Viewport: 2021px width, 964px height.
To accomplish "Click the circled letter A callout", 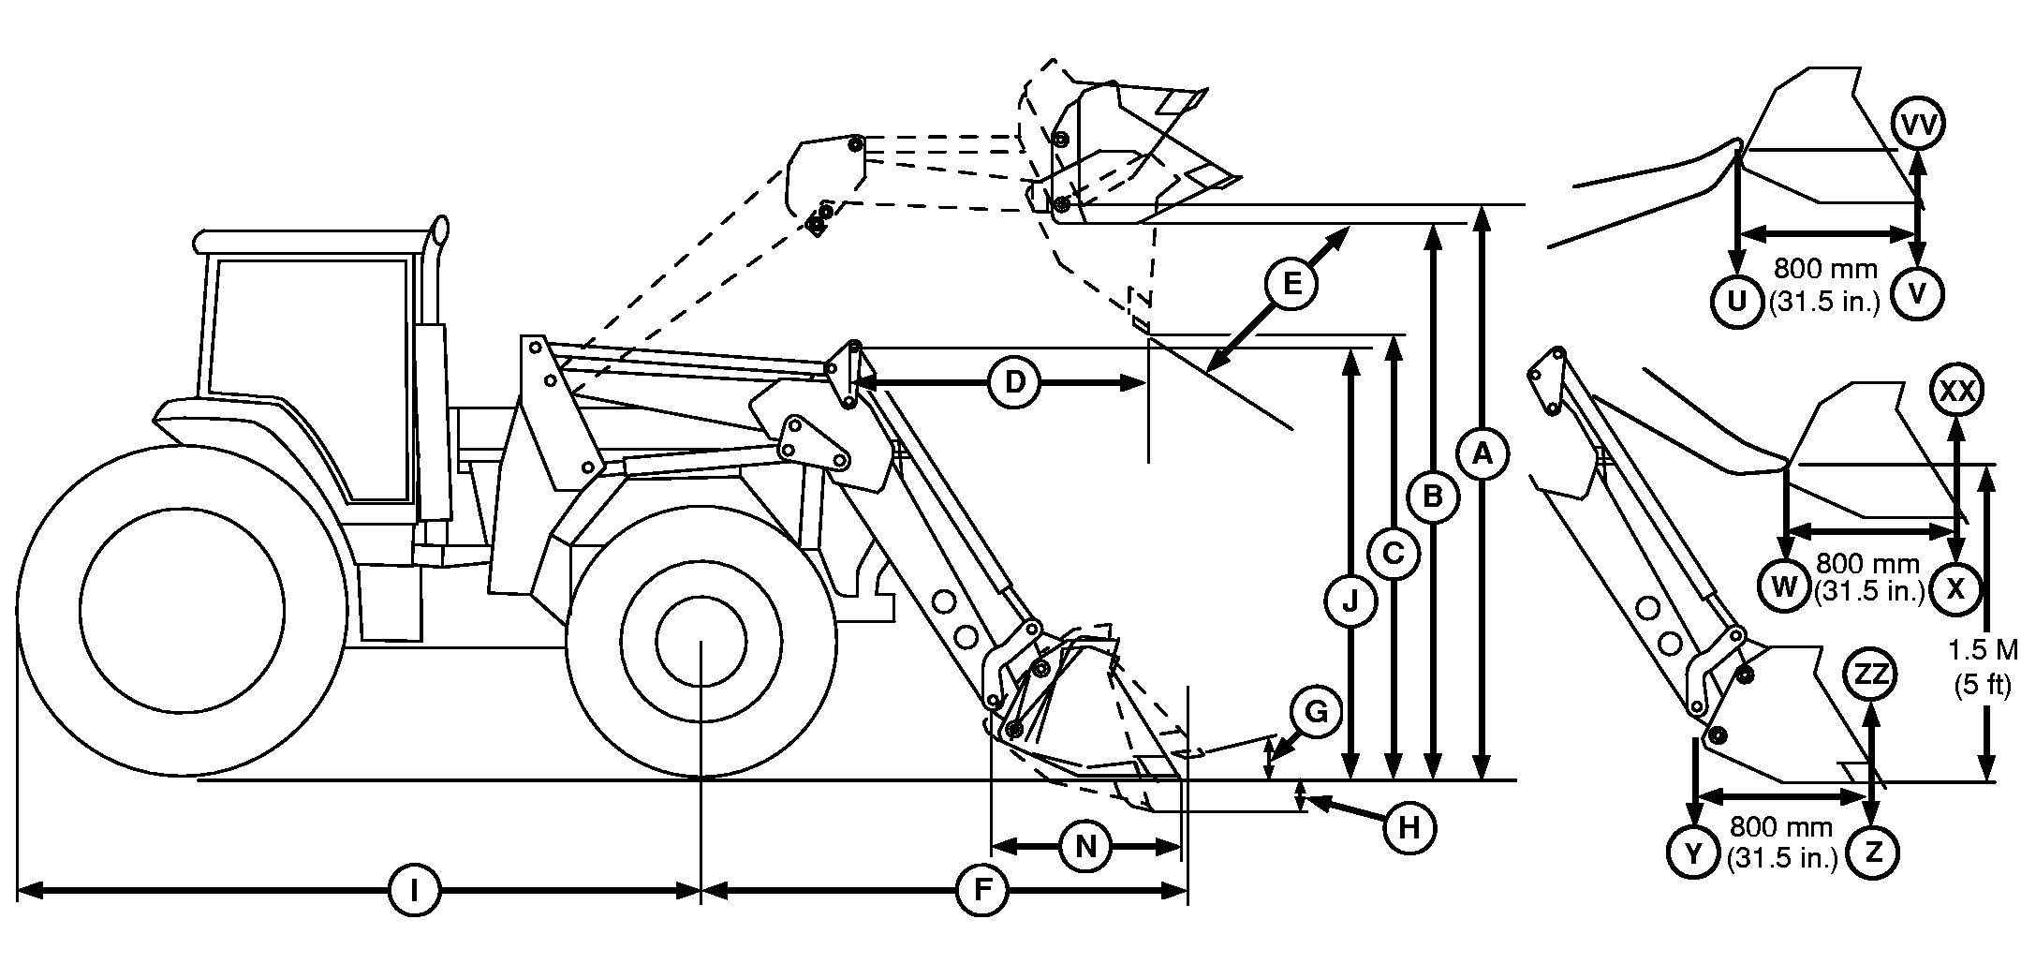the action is [1481, 455].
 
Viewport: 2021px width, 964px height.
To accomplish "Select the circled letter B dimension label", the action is [1432, 497].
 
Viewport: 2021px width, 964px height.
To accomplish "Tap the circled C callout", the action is [1393, 555].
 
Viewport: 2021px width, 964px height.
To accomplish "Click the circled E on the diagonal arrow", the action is [1291, 283].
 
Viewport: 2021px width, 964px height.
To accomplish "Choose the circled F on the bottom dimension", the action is [981, 890].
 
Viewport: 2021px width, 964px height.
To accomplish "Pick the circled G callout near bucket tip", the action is [1316, 713].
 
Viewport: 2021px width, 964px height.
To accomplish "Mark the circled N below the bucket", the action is [1084, 847].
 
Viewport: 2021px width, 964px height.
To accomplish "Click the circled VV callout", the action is [1917, 125].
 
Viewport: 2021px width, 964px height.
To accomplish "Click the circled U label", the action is [1737, 301].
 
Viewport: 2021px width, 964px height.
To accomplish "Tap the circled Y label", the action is [1693, 853].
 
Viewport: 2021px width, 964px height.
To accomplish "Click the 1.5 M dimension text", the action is [1983, 649].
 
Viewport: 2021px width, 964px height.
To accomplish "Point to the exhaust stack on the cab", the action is [436, 272].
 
